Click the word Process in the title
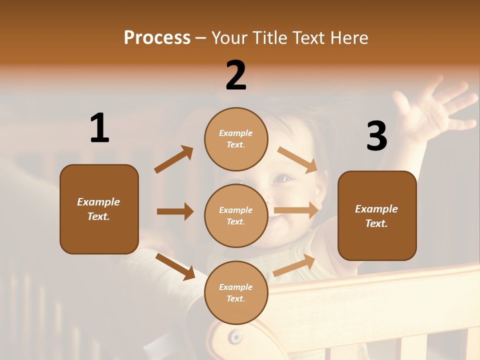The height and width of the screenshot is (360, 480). pyautogui.click(x=157, y=38)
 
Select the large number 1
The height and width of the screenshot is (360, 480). pyautogui.click(x=99, y=128)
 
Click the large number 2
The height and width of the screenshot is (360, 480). pyautogui.click(x=236, y=75)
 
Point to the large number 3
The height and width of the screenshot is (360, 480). pyautogui.click(x=376, y=136)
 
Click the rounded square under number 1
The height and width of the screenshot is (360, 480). pyautogui.click(x=99, y=209)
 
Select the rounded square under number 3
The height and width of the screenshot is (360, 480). pyautogui.click(x=377, y=216)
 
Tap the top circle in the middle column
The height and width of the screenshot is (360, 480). pyautogui.click(x=236, y=139)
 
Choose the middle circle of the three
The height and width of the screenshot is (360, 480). pyautogui.click(x=236, y=216)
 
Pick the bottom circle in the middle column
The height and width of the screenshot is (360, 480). pyautogui.click(x=236, y=292)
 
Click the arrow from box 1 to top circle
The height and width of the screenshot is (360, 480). pyautogui.click(x=174, y=159)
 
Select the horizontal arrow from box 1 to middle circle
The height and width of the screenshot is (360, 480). pyautogui.click(x=175, y=211)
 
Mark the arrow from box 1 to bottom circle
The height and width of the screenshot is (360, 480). pyautogui.click(x=175, y=266)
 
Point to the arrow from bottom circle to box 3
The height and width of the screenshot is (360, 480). pyautogui.click(x=294, y=265)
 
